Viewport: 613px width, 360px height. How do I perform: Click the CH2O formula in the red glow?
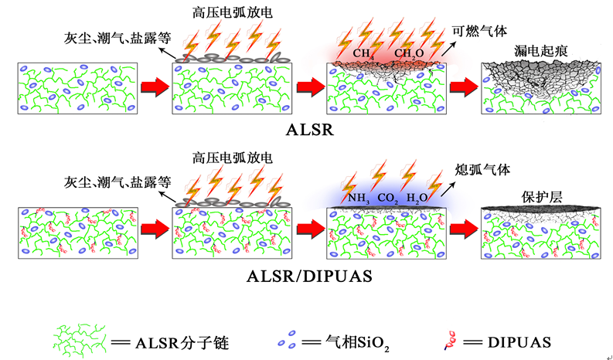410,53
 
